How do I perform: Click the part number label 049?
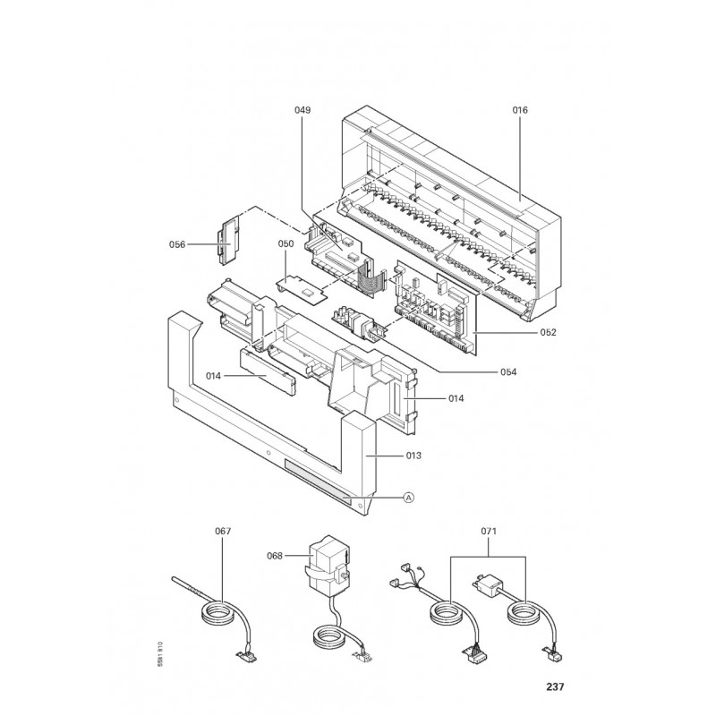point(303,110)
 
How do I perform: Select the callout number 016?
point(520,110)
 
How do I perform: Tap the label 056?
point(177,244)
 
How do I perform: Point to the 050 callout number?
point(286,243)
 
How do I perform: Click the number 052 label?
point(548,332)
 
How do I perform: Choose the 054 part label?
point(508,372)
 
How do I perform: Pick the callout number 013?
point(413,456)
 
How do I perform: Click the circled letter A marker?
point(409,498)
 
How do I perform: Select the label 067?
point(223,531)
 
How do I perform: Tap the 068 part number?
point(275,556)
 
